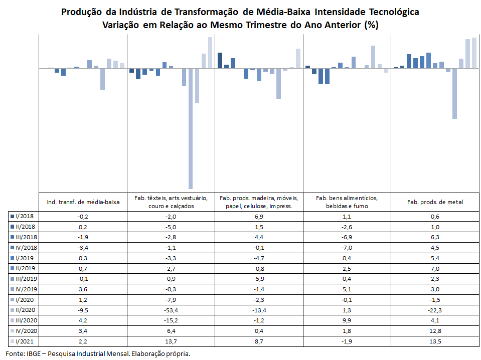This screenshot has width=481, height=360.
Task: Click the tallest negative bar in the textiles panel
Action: [x=191, y=128]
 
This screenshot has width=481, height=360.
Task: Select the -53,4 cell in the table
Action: [x=171, y=310]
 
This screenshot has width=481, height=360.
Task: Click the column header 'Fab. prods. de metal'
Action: [x=435, y=202]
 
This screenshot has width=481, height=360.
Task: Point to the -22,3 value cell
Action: [x=435, y=310]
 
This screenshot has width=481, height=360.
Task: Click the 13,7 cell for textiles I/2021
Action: [x=171, y=341]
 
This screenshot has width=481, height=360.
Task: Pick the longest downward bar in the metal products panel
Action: [x=454, y=94]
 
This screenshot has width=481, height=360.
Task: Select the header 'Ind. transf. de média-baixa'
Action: [x=83, y=202]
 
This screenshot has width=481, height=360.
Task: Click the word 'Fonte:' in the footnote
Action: [x=16, y=353]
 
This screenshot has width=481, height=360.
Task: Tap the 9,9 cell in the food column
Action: [x=347, y=321]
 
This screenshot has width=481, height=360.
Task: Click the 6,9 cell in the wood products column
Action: [x=259, y=217]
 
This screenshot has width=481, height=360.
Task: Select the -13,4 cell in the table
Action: [x=259, y=310]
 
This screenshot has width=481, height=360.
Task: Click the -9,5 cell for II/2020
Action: [x=83, y=310]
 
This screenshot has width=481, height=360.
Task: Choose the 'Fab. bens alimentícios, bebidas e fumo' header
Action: [x=347, y=202]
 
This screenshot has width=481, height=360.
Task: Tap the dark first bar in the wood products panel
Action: [x=220, y=60]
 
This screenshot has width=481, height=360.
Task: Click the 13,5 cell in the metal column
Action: [x=435, y=341]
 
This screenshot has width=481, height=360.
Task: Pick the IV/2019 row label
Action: [x=24, y=289]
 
